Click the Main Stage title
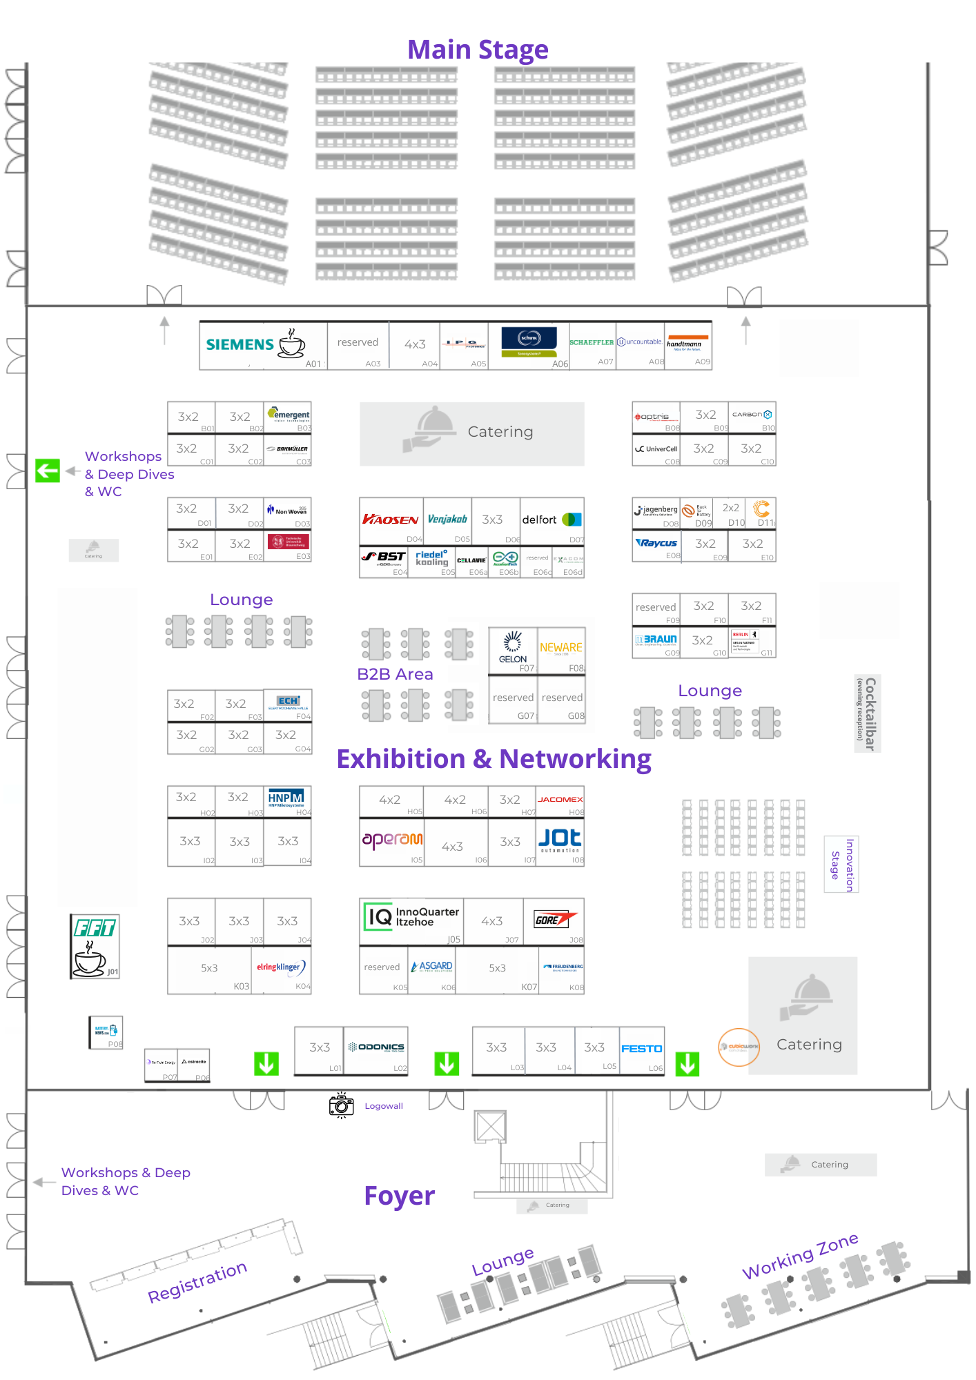coord(478,50)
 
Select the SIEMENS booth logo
coord(240,344)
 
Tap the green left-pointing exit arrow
coord(48,471)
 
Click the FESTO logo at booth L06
coord(641,1049)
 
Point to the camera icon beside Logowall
coord(341,1105)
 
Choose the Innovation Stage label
coord(842,865)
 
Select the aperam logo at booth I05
coord(392,839)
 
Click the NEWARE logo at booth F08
coord(561,648)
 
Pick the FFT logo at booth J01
coord(95,928)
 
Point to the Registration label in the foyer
coord(197,1281)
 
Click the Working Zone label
coord(800,1256)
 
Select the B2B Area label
coord(395,674)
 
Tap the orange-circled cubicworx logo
coord(739,1047)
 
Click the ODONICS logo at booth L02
coord(377,1047)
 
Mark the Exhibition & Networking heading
coord(494,759)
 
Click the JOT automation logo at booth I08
coord(560,839)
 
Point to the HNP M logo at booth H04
coord(286,798)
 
